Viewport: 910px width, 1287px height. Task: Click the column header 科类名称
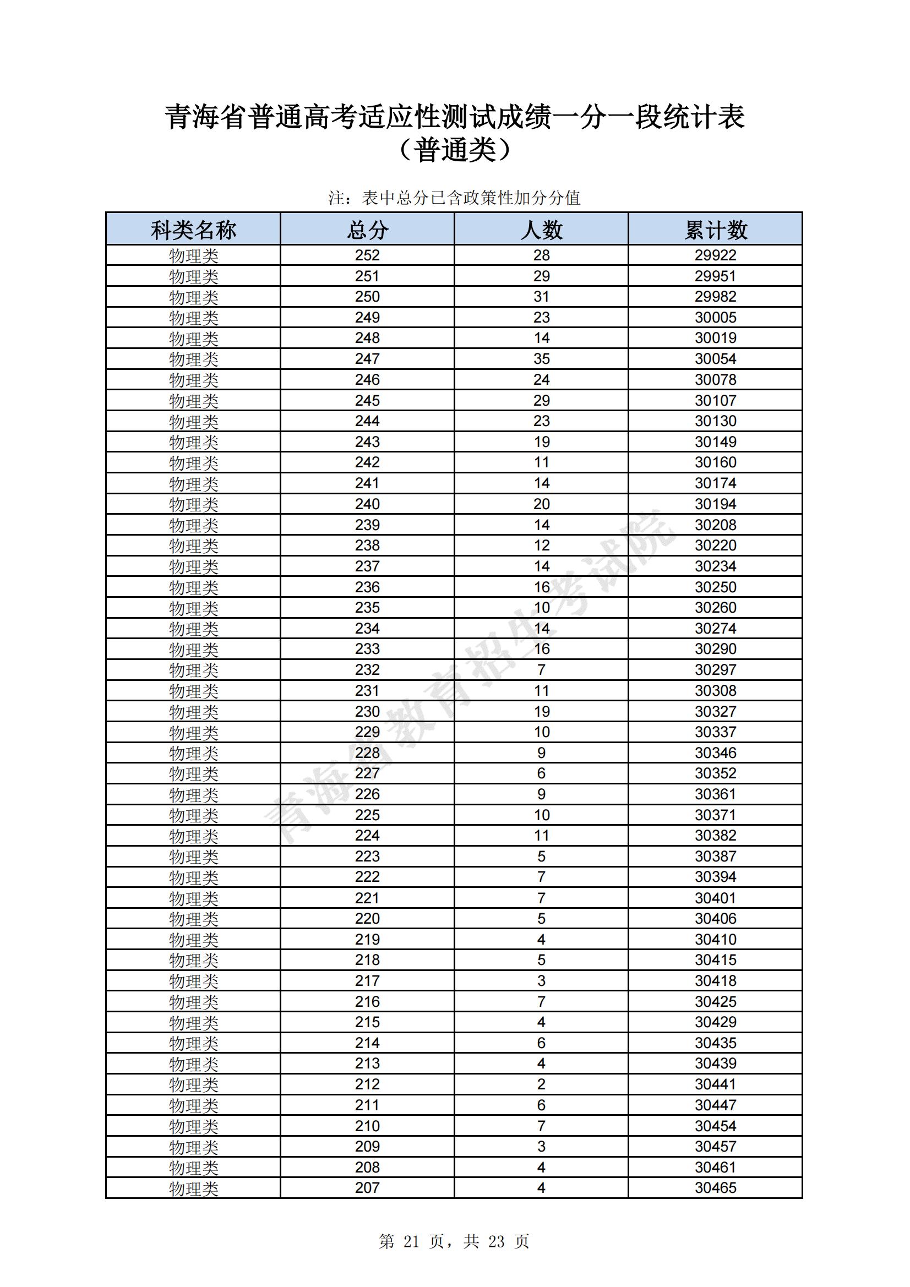pyautogui.click(x=193, y=230)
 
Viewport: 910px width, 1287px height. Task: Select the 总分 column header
pyautogui.click(x=367, y=230)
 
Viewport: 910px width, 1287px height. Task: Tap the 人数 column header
pyautogui.click(x=541, y=230)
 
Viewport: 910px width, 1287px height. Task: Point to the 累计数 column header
pyautogui.click(x=716, y=230)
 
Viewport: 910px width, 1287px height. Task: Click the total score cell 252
pyautogui.click(x=367, y=255)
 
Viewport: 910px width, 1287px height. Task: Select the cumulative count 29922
pyautogui.click(x=716, y=255)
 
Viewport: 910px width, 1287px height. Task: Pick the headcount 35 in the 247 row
pyautogui.click(x=541, y=359)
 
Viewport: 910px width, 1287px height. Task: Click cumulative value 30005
pyautogui.click(x=716, y=318)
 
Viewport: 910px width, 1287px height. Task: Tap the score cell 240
pyautogui.click(x=367, y=504)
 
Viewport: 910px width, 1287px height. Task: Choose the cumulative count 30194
pyautogui.click(x=716, y=504)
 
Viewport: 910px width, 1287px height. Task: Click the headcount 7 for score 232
pyautogui.click(x=541, y=670)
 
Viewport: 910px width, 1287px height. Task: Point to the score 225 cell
pyautogui.click(x=367, y=815)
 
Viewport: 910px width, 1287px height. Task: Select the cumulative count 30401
pyautogui.click(x=716, y=898)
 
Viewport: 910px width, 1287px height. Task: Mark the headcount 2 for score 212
pyautogui.click(x=541, y=1084)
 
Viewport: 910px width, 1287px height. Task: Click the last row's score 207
pyautogui.click(x=367, y=1188)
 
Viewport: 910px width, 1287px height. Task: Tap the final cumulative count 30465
pyautogui.click(x=716, y=1188)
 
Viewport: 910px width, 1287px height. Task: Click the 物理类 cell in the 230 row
pyautogui.click(x=193, y=712)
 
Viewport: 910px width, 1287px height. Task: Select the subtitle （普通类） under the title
pyautogui.click(x=454, y=150)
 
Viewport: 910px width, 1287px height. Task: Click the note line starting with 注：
pyautogui.click(x=454, y=198)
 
